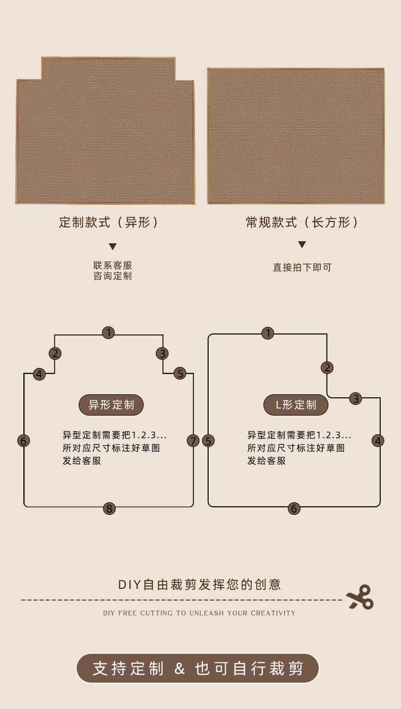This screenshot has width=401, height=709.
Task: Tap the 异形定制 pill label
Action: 111,405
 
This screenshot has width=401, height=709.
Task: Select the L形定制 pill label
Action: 296,405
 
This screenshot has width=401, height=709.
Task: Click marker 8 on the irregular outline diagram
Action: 109,508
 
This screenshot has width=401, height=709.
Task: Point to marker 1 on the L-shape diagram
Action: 268,333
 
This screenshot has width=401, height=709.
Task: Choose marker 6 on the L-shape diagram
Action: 294,508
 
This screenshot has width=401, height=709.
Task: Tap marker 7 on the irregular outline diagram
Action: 193,441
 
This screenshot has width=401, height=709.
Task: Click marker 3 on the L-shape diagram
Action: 356,399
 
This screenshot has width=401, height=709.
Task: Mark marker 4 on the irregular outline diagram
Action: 39,375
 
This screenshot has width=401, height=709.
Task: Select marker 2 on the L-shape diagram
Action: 327,367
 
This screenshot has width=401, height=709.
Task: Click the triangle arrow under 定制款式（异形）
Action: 113,247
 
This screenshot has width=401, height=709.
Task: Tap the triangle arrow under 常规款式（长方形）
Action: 302,245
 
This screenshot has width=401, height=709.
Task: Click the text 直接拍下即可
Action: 302,267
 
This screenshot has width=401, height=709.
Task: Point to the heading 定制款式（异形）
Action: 109,222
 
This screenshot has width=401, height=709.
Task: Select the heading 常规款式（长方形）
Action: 302,222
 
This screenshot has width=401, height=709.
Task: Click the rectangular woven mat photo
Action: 295,136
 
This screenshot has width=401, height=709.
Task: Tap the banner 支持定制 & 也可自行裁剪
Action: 197,668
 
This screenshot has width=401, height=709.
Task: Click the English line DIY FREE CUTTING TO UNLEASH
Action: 199,613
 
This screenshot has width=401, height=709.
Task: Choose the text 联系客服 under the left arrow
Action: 113,266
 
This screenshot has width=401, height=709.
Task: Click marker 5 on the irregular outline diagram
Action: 180,374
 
